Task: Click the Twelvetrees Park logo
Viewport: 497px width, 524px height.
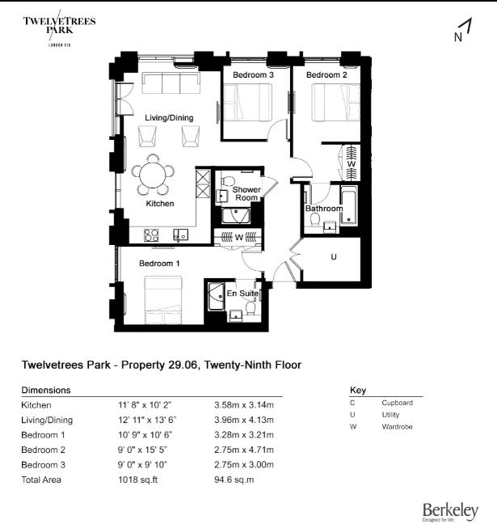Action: click(59, 31)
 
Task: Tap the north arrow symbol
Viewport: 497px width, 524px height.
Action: click(462, 31)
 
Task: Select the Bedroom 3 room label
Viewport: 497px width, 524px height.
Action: click(253, 75)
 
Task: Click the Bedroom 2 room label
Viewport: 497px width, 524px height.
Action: click(326, 75)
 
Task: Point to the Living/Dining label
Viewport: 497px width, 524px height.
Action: click(169, 118)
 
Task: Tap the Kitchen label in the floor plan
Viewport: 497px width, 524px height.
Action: click(160, 204)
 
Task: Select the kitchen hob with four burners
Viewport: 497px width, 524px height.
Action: click(151, 235)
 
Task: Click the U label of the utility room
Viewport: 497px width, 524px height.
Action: click(333, 257)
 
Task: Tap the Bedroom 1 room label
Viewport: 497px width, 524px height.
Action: click(159, 264)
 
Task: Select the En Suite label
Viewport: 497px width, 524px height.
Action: click(242, 293)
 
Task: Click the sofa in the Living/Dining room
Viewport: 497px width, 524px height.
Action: click(170, 83)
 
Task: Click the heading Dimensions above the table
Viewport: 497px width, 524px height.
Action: click(45, 390)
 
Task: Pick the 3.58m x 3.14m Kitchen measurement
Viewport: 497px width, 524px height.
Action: click(243, 404)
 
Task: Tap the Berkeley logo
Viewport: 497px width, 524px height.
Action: click(449, 510)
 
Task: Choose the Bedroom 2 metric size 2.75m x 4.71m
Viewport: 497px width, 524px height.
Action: click(243, 450)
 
